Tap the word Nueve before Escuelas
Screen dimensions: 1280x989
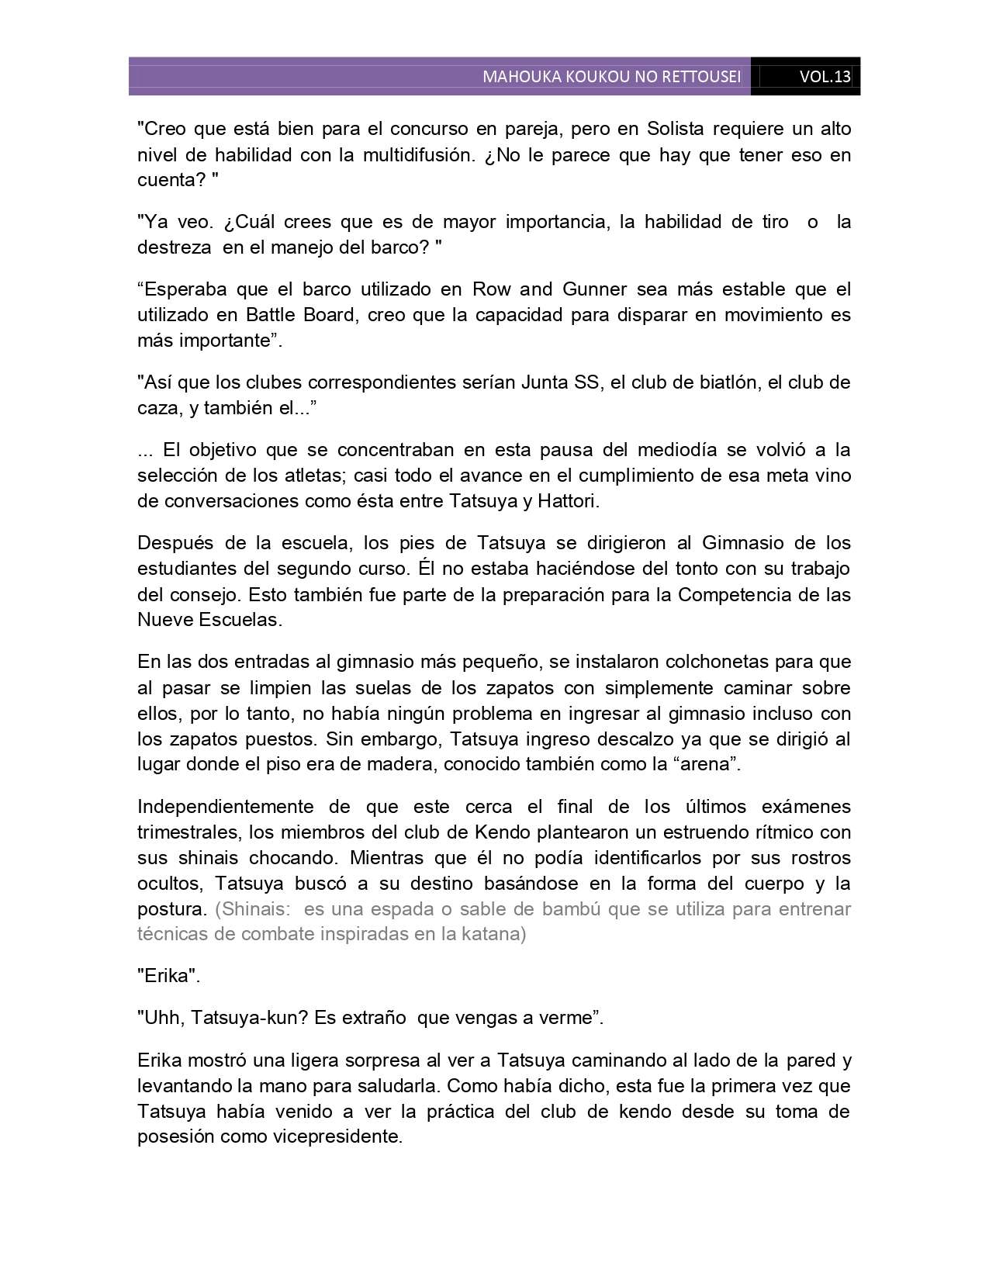pos(164,620)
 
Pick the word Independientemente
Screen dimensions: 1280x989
pos(226,806)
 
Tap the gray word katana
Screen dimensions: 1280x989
pos(495,934)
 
